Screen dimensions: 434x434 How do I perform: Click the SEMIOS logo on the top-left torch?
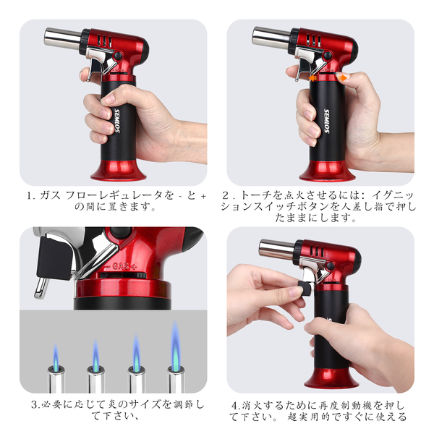point(117,121)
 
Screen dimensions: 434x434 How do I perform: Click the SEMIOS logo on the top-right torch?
point(327,121)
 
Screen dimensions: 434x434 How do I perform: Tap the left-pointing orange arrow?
point(312,78)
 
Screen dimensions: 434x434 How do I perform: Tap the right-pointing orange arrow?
point(342,78)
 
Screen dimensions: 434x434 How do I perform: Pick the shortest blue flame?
point(56,357)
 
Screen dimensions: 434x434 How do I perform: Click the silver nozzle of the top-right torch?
point(271,36)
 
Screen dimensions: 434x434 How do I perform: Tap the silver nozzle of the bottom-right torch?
point(277,249)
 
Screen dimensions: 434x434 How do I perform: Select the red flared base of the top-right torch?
point(328,171)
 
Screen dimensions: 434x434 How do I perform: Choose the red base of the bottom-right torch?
point(331,378)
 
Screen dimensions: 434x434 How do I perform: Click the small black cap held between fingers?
point(305,288)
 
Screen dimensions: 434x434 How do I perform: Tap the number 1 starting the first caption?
point(30,196)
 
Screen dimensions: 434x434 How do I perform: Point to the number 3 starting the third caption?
point(34,405)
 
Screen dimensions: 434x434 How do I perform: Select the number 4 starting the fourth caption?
point(234,406)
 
